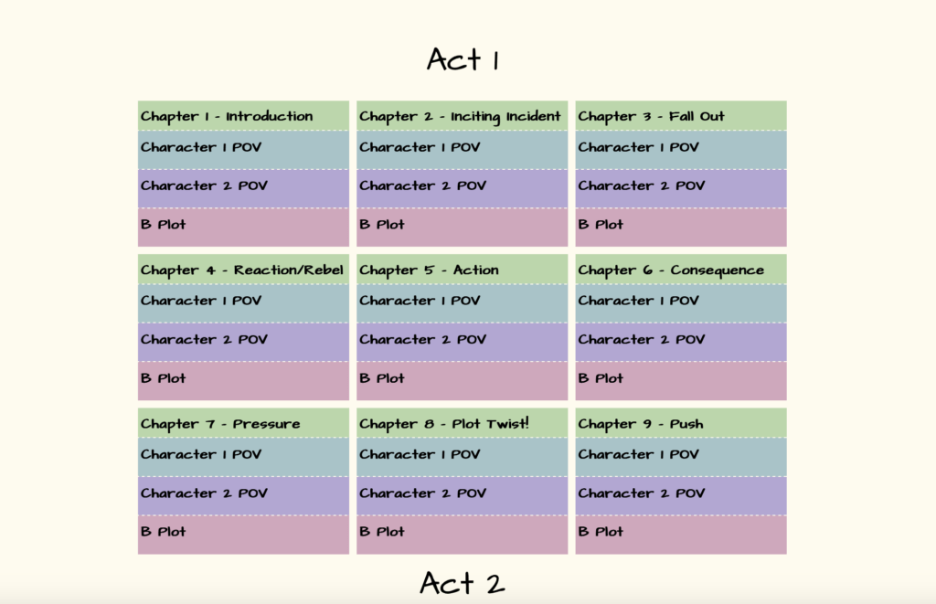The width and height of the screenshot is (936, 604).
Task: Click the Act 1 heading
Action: pos(463,59)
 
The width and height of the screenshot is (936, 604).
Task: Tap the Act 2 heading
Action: pos(462,583)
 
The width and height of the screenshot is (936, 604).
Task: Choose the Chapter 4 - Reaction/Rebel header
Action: pos(242,270)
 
